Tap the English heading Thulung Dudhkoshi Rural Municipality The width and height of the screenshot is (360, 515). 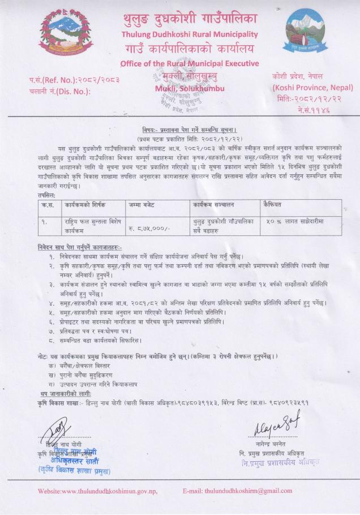[x=190, y=34]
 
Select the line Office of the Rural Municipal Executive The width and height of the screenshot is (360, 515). [x=190, y=63]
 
